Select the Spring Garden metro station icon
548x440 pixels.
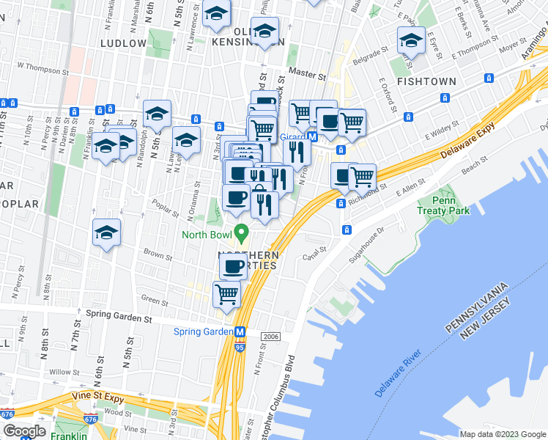pyautogui.click(x=239, y=331)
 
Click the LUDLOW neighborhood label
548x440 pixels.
pyautogui.click(x=123, y=44)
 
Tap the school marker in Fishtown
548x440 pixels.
pyautogui.click(x=411, y=41)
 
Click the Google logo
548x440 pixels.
pyautogui.click(x=23, y=431)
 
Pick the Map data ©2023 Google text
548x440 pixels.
pyautogui.click(x=503, y=434)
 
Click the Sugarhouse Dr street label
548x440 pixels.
pyautogui.click(x=381, y=235)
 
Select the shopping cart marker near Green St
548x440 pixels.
pyautogui.click(x=226, y=295)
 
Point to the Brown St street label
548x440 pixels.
pyautogui.click(x=158, y=256)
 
